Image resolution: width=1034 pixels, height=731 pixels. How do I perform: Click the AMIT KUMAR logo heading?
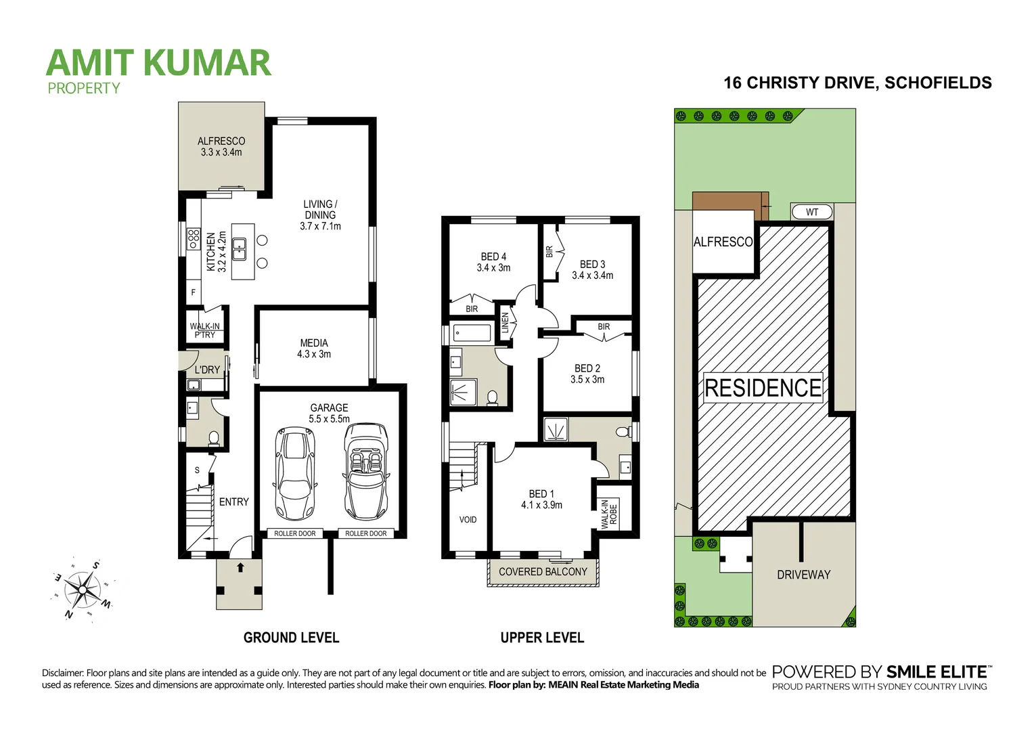click(158, 63)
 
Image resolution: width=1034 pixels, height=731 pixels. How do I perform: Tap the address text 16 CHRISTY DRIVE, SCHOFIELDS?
click(857, 83)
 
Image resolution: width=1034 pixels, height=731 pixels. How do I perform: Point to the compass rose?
click(83, 590)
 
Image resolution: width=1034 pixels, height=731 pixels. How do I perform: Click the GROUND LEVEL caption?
click(291, 638)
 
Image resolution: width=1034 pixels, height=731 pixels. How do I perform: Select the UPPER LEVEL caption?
click(542, 638)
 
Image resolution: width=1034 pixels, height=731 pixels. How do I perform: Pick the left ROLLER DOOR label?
click(294, 533)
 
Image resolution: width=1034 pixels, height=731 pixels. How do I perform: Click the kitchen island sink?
click(239, 249)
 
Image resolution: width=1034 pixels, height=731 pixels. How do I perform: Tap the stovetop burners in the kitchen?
click(194, 238)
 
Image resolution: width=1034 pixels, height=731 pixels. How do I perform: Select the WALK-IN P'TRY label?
click(204, 330)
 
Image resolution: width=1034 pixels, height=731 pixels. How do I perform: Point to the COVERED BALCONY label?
click(543, 572)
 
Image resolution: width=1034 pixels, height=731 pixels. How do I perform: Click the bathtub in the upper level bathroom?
click(472, 332)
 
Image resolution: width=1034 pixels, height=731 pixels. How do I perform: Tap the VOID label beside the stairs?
click(468, 520)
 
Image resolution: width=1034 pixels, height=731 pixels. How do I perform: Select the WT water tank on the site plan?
click(811, 212)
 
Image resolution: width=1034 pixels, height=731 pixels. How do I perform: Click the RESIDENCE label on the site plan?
click(763, 388)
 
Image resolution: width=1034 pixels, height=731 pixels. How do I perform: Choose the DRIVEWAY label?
click(803, 575)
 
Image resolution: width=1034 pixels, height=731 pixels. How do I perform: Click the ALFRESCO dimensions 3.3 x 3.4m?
click(221, 152)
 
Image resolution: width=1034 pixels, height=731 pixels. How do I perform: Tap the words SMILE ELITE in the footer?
click(937, 672)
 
